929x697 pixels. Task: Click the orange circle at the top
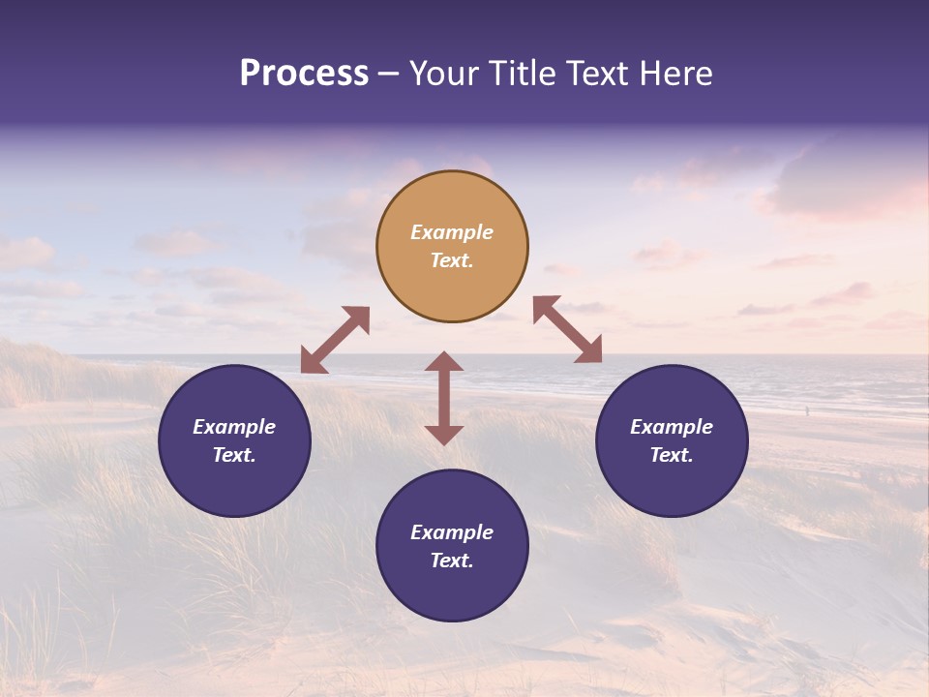pos(452,246)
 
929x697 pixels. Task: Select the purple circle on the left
pos(234,440)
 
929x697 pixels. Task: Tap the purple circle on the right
pos(672,440)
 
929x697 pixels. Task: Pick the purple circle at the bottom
pos(452,546)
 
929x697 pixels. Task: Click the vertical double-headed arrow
pos(444,398)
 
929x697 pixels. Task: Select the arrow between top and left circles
pos(335,340)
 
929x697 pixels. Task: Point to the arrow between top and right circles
pos(567,329)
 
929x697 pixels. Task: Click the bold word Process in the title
pos(304,74)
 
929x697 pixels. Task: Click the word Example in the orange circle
pos(452,232)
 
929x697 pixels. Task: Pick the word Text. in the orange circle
pos(452,260)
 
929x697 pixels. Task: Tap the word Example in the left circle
pos(234,427)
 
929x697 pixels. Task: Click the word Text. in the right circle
pos(672,455)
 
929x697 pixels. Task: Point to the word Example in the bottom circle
pos(452,532)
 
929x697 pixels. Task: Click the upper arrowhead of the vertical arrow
pos(444,362)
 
